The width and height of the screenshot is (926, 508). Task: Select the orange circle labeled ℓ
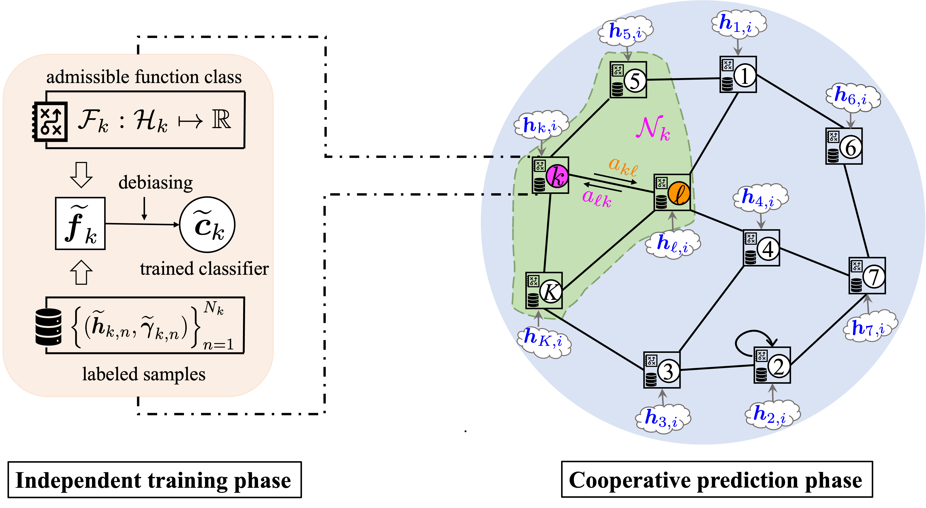click(x=679, y=194)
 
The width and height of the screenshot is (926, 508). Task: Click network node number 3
click(x=668, y=371)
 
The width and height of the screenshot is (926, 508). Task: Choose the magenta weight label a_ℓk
click(x=597, y=197)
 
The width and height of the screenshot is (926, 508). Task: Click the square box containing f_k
click(x=80, y=223)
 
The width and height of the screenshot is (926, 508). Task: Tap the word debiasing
click(x=156, y=183)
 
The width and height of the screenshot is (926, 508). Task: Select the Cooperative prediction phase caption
click(x=716, y=480)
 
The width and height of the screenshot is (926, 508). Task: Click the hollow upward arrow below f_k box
click(x=81, y=272)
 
